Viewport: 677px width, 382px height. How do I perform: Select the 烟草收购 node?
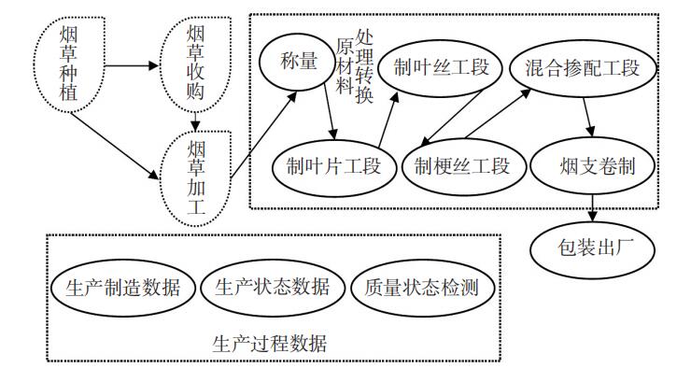(x=194, y=65)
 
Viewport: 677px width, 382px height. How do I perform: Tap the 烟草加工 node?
(x=194, y=177)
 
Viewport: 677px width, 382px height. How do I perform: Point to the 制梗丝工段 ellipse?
(x=461, y=167)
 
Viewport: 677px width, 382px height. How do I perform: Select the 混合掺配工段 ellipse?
(x=574, y=67)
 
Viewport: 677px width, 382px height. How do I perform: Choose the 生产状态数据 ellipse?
(x=272, y=287)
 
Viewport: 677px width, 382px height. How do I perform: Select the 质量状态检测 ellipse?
(x=421, y=287)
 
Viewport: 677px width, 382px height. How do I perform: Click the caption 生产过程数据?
(x=270, y=343)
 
